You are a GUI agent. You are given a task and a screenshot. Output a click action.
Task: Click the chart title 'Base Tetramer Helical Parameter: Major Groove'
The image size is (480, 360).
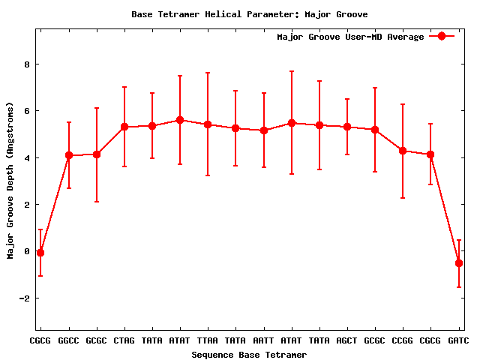[249, 14]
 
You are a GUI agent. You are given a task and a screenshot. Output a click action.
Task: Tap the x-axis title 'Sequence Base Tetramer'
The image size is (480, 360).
[249, 354]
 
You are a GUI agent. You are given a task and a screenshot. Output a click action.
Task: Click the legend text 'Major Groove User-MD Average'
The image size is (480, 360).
[350, 37]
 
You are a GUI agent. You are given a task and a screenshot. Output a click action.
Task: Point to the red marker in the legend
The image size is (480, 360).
[442, 37]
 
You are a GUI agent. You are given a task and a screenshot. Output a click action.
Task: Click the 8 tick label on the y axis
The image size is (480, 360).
[27, 64]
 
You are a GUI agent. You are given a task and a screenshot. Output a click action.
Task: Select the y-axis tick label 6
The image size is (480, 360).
[27, 111]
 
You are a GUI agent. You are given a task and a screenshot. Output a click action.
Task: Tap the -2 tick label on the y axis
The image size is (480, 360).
[25, 298]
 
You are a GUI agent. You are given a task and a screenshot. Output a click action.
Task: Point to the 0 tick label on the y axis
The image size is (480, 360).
[27, 251]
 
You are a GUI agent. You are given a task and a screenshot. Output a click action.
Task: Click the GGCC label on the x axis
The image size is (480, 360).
[69, 341]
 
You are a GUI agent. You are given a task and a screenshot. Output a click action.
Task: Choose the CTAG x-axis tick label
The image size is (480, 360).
[124, 341]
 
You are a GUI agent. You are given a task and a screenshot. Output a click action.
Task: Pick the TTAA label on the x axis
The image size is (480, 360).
[208, 341]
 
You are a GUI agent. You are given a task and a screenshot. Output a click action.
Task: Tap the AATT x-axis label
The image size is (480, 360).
[263, 341]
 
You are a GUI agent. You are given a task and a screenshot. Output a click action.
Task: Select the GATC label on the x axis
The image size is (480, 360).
[458, 341]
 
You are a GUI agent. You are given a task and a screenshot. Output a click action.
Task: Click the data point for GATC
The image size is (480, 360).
[458, 263]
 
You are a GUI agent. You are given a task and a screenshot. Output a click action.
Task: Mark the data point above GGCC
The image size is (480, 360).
[69, 155]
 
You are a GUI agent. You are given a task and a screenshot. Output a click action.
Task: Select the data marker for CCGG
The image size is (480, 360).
[403, 151]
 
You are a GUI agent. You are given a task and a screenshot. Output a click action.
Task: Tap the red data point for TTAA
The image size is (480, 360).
[208, 124]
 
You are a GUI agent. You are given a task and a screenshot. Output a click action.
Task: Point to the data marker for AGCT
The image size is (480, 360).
[347, 127]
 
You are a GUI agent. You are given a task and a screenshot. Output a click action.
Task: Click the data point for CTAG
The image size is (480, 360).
[124, 127]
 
